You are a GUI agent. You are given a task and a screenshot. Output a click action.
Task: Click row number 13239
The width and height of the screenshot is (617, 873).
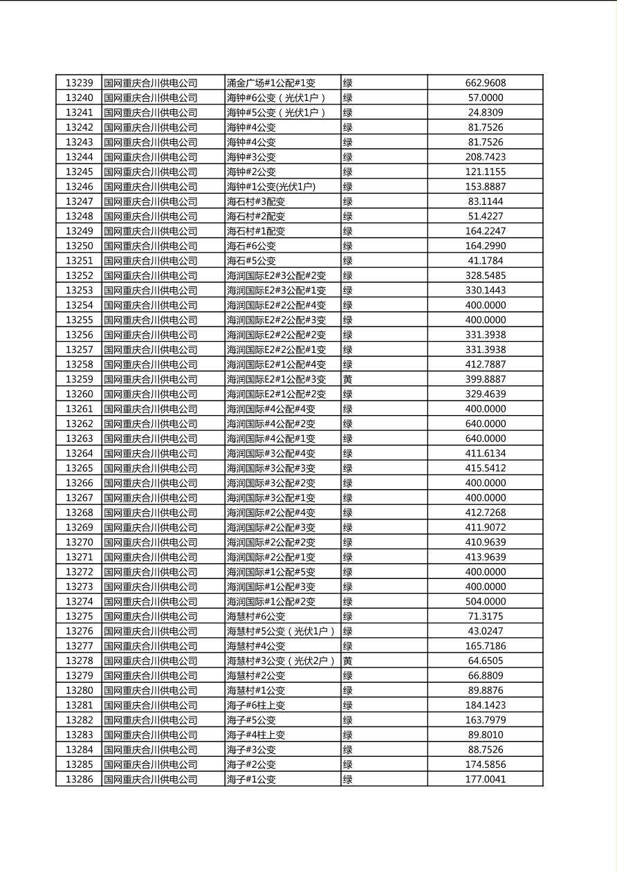coord(79,83)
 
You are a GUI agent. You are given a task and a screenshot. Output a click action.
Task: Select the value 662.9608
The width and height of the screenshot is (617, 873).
coord(485,83)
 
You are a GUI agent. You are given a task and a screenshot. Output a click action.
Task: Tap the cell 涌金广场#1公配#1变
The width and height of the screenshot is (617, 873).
coord(271,83)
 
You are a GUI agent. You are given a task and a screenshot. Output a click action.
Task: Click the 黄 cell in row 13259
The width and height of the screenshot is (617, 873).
coord(348,379)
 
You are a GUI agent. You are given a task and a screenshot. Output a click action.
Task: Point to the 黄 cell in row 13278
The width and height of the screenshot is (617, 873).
coord(348,661)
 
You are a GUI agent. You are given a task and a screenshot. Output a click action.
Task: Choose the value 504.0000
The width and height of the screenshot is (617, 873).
coord(485,602)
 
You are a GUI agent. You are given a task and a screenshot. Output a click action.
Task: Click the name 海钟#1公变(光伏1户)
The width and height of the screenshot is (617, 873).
coord(271,187)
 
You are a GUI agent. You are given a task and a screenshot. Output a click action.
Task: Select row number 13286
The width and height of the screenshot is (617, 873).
coord(79,780)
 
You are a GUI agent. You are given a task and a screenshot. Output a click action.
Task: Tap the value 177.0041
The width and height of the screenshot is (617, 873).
coord(485,780)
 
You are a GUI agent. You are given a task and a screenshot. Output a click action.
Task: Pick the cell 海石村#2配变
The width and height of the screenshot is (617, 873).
coord(256,217)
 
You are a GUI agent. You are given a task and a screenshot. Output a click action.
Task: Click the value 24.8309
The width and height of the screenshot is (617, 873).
coord(485,113)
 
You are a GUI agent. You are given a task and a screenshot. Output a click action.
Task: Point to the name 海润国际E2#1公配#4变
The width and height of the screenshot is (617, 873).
coord(276,365)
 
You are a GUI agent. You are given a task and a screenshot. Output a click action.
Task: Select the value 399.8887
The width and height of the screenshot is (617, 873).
coord(485,379)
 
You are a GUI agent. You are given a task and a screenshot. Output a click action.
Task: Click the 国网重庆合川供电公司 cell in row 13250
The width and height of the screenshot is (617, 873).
coord(151,246)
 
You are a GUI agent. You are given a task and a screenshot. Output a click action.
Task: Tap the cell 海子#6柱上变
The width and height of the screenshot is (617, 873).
coord(256,706)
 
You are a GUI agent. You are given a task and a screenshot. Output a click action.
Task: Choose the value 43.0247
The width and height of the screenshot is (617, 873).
coord(485,631)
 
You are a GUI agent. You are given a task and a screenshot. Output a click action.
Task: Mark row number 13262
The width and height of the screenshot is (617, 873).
coord(79,424)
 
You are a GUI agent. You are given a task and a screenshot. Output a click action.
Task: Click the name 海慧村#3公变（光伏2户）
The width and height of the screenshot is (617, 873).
coord(281,661)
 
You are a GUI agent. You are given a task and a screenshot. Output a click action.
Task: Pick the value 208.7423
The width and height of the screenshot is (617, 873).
coord(485,157)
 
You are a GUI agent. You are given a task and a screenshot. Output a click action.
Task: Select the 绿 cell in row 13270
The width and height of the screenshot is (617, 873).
coord(348,542)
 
